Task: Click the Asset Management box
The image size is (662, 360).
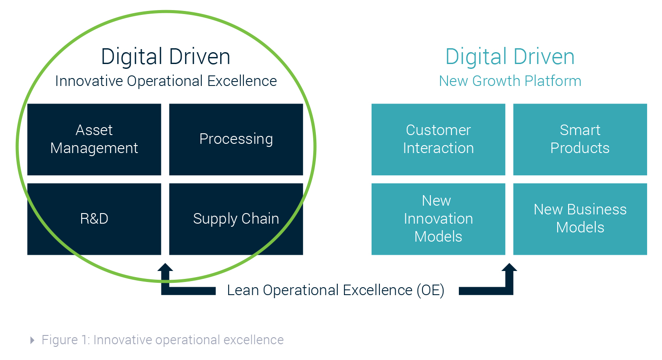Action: [94, 139]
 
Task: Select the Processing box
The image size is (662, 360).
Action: [236, 139]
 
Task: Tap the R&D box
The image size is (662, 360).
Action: [94, 219]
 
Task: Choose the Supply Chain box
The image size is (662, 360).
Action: [236, 219]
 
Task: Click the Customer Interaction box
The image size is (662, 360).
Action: [438, 139]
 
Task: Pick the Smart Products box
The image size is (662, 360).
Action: [580, 139]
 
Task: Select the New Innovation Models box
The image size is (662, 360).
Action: [438, 219]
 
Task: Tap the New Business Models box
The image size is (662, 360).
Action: [580, 219]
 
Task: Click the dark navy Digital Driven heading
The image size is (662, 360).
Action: [165, 57]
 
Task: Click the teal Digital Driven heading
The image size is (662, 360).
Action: [510, 57]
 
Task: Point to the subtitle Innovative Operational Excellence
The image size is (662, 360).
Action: [166, 81]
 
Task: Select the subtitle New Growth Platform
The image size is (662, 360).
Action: [510, 81]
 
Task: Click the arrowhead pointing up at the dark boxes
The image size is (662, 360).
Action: [165, 268]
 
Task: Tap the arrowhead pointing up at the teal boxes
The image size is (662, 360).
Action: [509, 268]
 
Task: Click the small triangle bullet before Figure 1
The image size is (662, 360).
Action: [32, 340]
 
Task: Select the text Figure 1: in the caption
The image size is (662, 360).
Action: [66, 340]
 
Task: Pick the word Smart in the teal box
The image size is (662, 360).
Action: [580, 130]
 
